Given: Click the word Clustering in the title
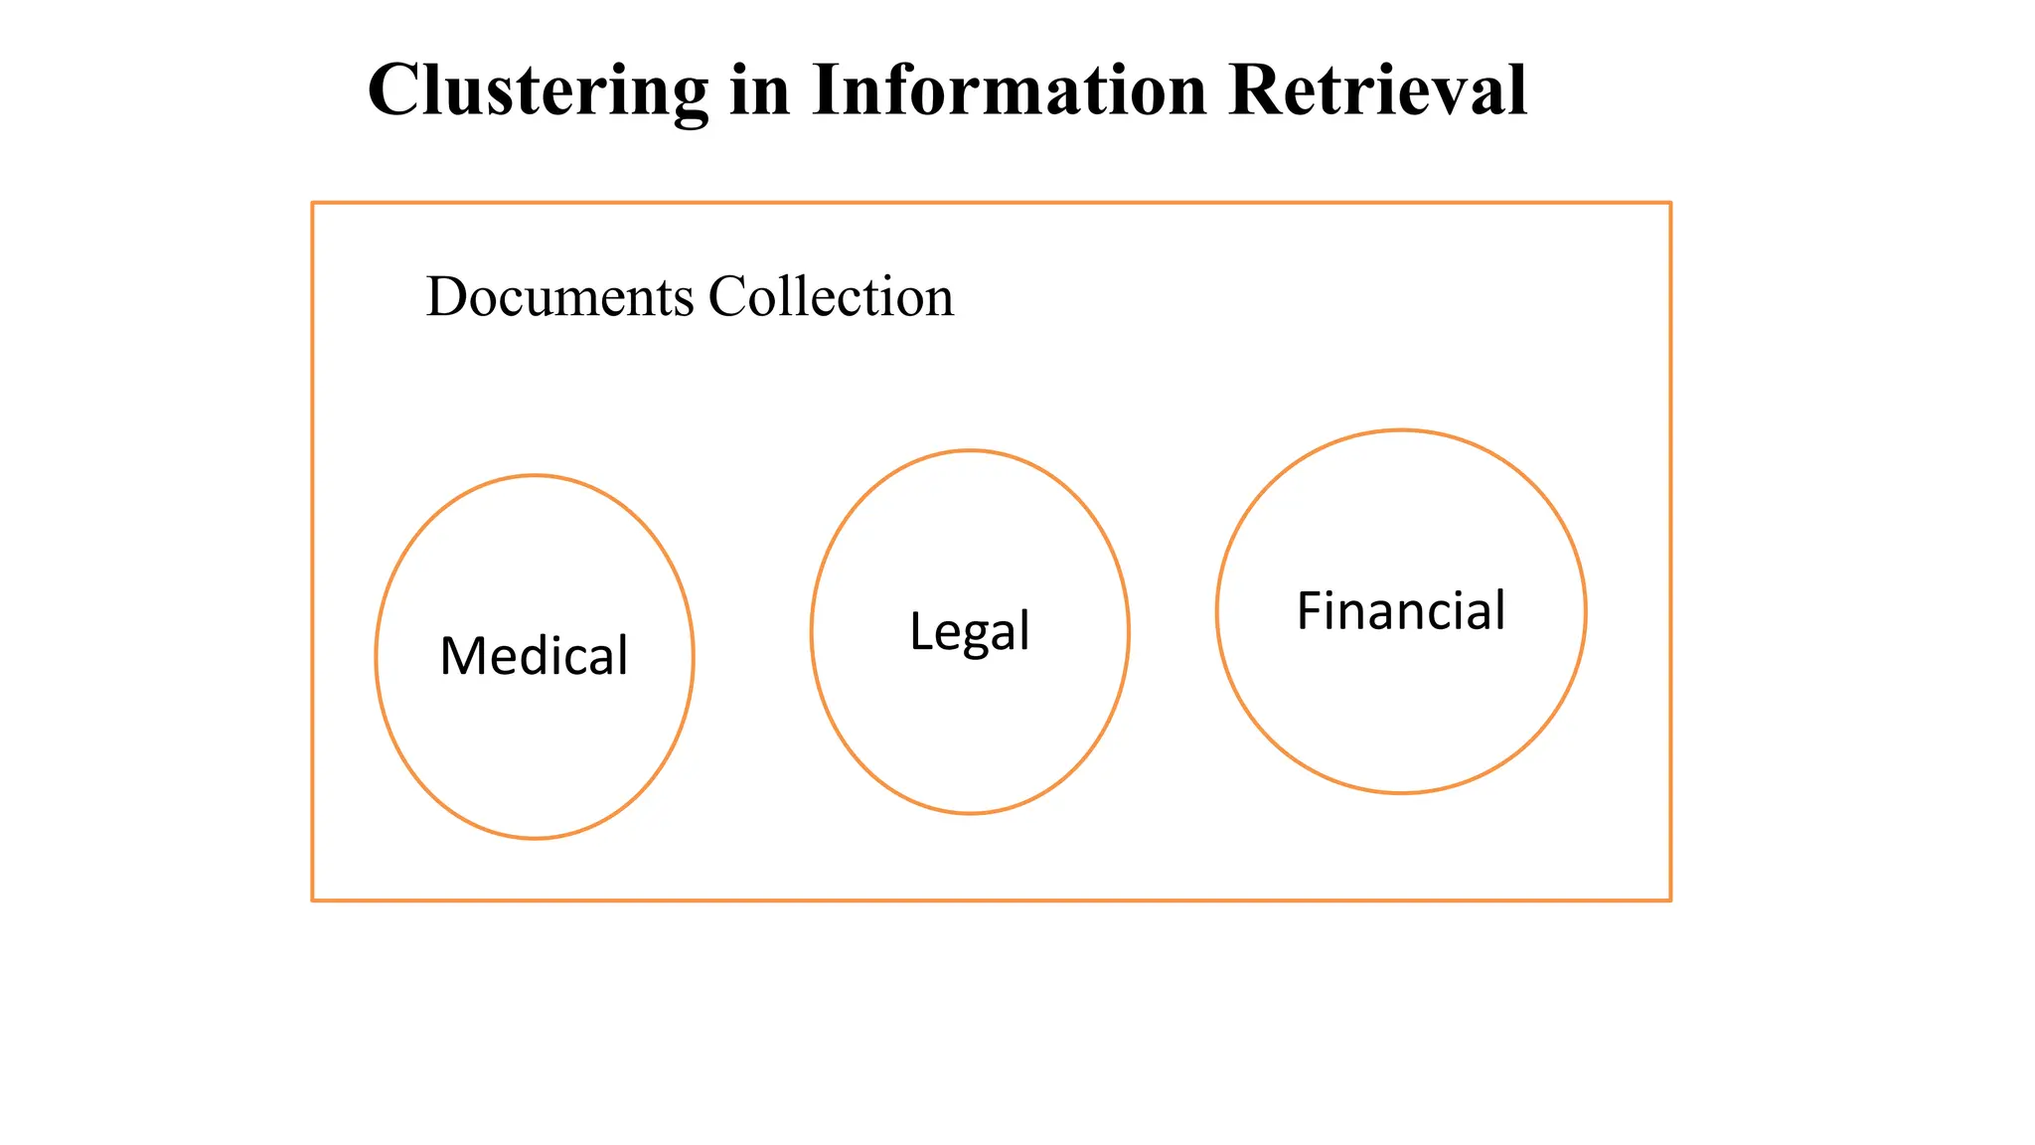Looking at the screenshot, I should pos(538,91).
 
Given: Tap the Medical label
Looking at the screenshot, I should pos(534,656).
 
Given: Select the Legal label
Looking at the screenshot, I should pos(969,631).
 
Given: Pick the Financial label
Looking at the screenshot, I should pos(1401,610).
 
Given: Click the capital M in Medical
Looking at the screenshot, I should pos(460,656).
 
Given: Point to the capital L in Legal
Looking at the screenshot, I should pos(920,631).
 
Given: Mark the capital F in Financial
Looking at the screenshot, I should pos(1310,610).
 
